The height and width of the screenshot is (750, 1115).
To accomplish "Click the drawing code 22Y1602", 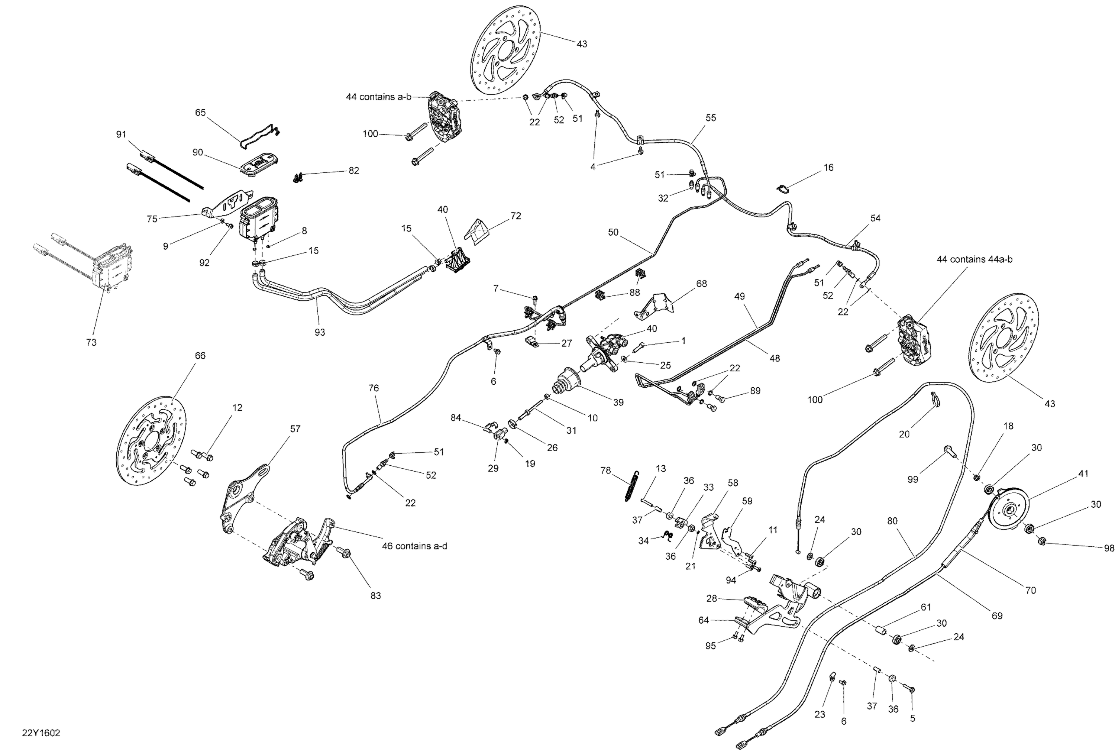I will tap(41, 733).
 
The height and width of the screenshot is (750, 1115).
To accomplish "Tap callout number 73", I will tap(91, 342).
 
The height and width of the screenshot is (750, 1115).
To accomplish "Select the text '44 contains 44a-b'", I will tap(975, 259).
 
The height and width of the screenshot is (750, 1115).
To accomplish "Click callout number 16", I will tap(828, 167).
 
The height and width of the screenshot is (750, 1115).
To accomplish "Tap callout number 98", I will tap(1109, 548).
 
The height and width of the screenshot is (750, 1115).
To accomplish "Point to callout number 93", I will tap(320, 332).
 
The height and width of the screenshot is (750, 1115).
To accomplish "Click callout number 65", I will tap(200, 112).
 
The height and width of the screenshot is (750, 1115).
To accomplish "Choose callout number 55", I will tap(711, 118).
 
